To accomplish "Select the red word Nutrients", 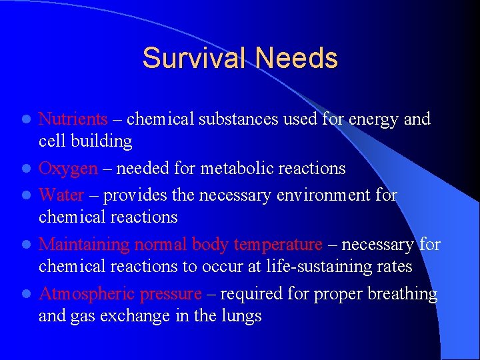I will pos(73,119).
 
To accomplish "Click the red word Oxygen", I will pos(68,169).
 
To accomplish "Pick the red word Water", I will pos(61,195).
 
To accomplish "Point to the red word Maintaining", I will pos(84,245).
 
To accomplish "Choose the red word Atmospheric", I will pos(83,294).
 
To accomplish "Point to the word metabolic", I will pos(230,169).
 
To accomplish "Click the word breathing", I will pos(399,294).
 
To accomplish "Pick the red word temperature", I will pos(277,245).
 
